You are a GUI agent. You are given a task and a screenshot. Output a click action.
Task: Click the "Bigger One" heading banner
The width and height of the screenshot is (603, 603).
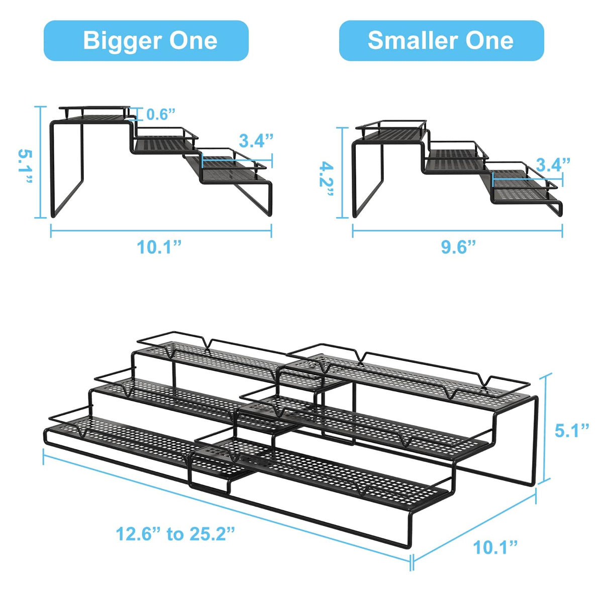pos(146,41)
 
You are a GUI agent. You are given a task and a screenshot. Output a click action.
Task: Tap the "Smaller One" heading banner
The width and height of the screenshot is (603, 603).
pos(441,41)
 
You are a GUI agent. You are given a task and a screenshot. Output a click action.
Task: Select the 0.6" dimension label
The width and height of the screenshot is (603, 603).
pos(161,115)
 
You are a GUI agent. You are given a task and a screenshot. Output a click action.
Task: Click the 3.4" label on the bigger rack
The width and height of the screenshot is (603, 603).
pos(256,141)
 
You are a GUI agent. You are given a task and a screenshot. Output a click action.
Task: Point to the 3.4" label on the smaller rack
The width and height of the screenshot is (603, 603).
pos(553,165)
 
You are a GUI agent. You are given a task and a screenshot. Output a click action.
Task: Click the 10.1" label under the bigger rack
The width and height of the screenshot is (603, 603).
pos(159,247)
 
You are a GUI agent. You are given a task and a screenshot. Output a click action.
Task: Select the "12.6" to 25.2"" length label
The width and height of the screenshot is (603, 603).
pos(175,534)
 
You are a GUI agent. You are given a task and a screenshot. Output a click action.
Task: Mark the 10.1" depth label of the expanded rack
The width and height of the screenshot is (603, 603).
pos(495,547)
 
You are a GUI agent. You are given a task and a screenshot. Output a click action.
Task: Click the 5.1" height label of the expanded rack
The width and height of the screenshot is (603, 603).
pos(572,431)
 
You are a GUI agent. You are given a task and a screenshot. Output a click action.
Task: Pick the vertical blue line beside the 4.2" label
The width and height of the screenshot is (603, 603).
pos(344,173)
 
